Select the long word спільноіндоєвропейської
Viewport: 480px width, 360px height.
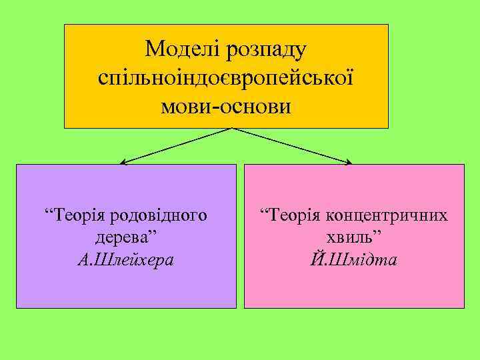[225, 77]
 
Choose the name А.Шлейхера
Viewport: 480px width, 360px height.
[126, 259]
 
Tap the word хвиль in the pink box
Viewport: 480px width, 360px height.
[351, 237]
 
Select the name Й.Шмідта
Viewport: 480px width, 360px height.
[354, 259]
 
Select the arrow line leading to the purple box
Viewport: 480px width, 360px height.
[177, 145]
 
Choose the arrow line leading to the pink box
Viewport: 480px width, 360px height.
[293, 145]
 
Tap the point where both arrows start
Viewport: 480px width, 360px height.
[231, 128]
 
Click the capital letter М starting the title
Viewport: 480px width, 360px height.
[155, 48]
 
